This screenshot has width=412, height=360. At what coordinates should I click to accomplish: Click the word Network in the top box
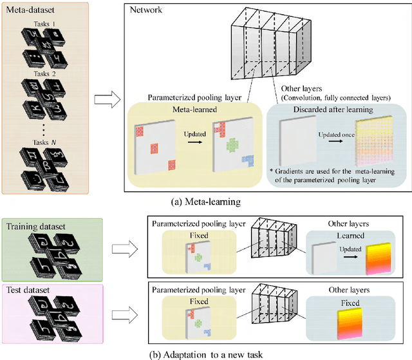pyautogui.click(x=146, y=11)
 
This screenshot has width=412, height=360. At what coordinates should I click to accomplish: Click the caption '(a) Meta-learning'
pyautogui.click(x=205, y=202)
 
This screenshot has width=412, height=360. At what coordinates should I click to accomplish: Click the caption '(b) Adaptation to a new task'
pyautogui.click(x=205, y=352)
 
